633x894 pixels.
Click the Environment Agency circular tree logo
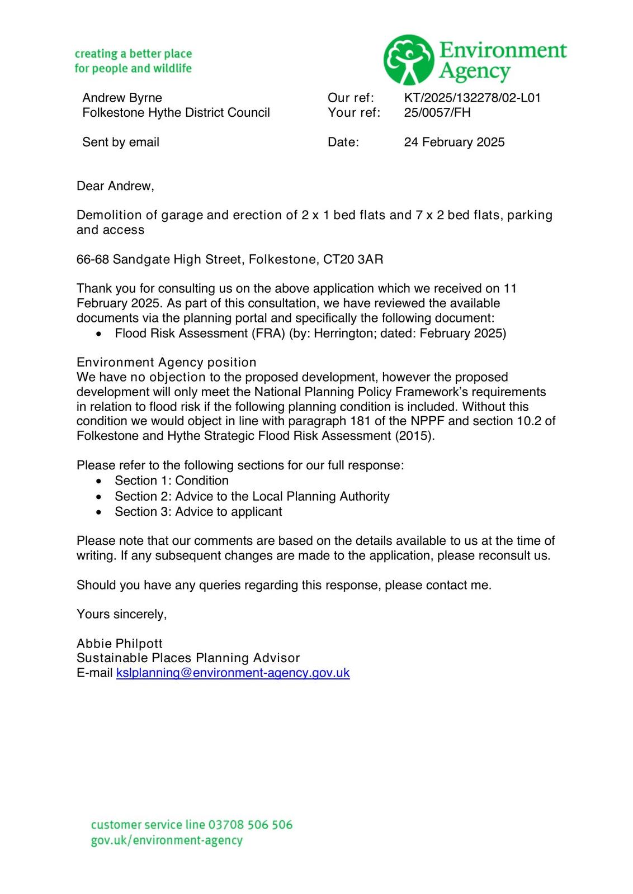click(x=409, y=60)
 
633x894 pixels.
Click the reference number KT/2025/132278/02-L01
click(x=472, y=98)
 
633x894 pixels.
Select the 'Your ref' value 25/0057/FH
click(x=437, y=112)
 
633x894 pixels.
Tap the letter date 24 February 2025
click(x=454, y=142)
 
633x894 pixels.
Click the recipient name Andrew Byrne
click(x=122, y=98)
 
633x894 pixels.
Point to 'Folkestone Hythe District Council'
click(x=176, y=112)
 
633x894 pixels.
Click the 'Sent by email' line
click(x=120, y=142)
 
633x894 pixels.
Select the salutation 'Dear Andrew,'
click(x=115, y=186)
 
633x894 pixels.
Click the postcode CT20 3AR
click(x=353, y=259)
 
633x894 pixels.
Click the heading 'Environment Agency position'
click(x=166, y=362)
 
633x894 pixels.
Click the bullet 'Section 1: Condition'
click(x=171, y=481)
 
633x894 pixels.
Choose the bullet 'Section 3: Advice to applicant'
click(x=198, y=511)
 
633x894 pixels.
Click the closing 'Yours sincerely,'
click(x=121, y=614)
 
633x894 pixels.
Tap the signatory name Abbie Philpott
click(x=119, y=643)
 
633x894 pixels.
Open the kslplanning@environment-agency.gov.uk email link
click(x=233, y=673)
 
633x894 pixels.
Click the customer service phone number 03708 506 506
click(x=250, y=825)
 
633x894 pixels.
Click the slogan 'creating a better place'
click(x=133, y=54)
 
